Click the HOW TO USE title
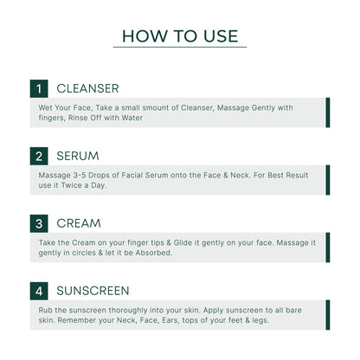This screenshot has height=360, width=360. point(179,35)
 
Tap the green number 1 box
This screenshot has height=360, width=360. point(38,89)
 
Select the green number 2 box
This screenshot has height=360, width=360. point(38,157)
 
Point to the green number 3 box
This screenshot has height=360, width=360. point(38,223)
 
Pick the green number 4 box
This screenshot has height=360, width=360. point(38,291)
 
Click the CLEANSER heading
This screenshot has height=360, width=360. point(87,89)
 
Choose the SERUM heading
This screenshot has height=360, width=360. point(77,157)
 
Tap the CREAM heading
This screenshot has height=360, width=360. point(79,223)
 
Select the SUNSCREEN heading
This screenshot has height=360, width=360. point(93,291)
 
